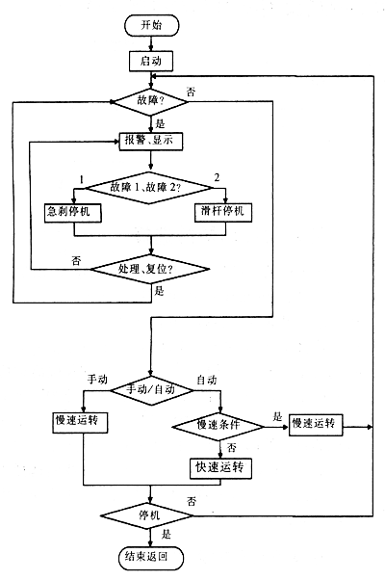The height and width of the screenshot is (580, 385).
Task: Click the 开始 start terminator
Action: coord(152,25)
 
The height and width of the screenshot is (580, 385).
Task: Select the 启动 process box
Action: coord(151,61)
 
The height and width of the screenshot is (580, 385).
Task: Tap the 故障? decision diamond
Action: coord(150,101)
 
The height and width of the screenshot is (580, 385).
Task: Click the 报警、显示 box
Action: coord(151,141)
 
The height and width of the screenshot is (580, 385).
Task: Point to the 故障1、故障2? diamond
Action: coord(149,188)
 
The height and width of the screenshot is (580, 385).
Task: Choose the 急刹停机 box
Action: coord(73,213)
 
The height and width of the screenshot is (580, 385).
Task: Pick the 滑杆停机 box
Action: coord(223,212)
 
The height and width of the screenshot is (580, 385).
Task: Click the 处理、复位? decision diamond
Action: coord(150,269)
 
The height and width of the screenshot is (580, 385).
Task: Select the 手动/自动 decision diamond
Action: coord(152,390)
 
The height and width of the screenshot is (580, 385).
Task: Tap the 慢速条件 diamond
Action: coord(218,427)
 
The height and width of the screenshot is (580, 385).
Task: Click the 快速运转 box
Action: coord(221,468)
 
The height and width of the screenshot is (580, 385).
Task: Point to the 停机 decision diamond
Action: coord(147,515)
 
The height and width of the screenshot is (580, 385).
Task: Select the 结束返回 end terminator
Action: coord(151,558)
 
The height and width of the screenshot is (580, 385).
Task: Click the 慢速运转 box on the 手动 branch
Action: coord(80,422)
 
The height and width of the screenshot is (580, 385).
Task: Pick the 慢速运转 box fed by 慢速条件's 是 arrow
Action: coord(316,425)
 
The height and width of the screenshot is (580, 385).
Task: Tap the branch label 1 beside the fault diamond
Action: coord(82,180)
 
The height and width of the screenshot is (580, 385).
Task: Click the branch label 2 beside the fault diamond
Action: coord(217,177)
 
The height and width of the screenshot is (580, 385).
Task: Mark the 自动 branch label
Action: coord(207,381)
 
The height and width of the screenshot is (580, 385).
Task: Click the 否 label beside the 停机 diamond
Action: coord(192,502)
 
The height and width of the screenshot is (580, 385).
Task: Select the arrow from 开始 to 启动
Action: coord(151,43)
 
